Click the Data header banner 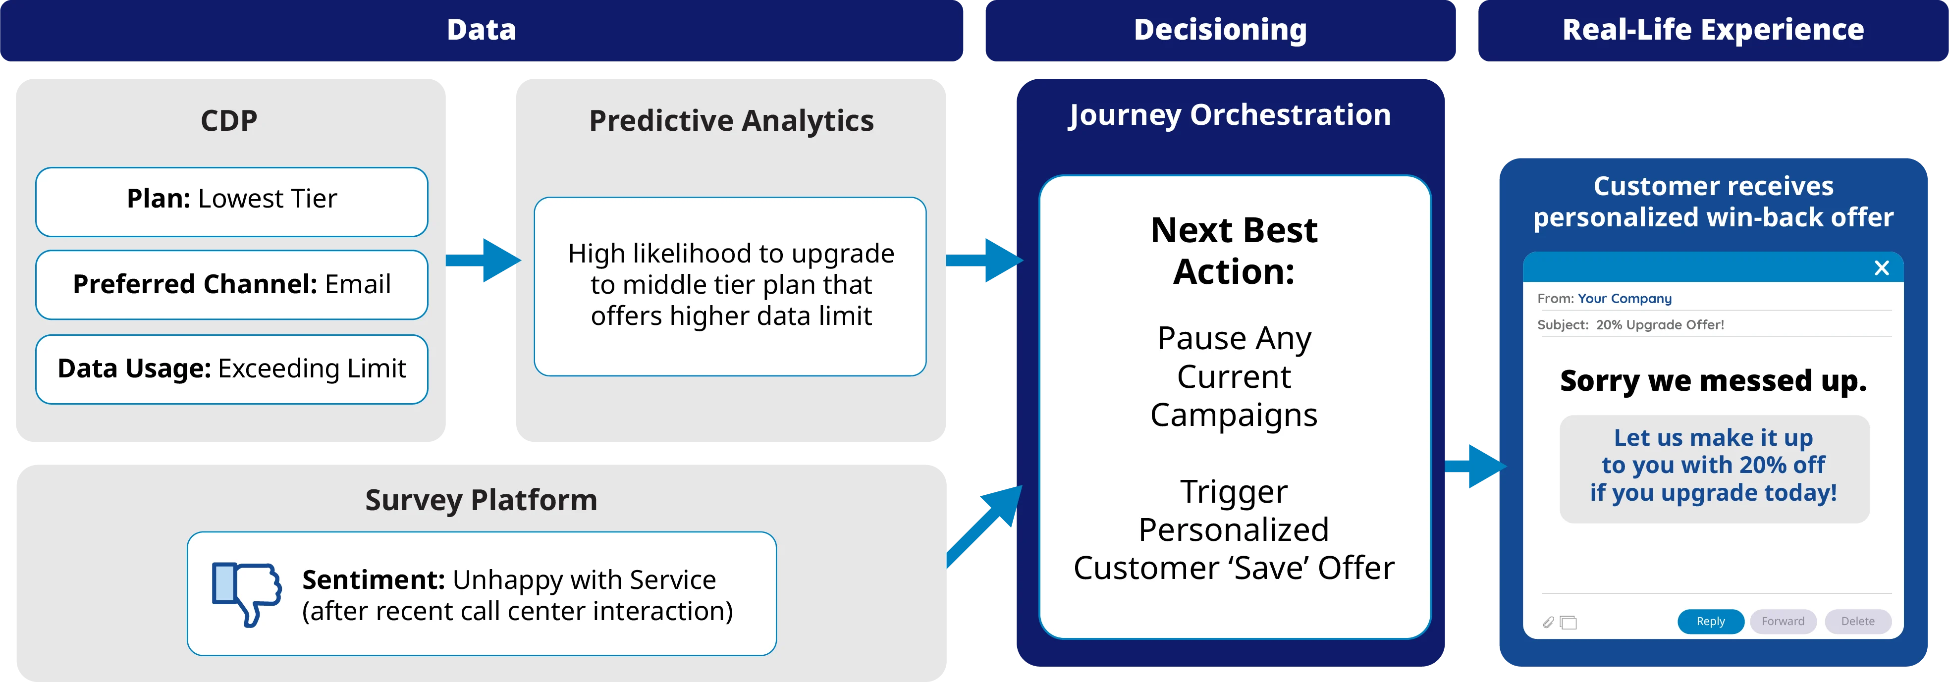[481, 30]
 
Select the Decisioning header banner [1220, 30]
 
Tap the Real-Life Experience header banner [1713, 30]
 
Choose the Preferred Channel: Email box [231, 284]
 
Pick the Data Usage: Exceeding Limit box [231, 369]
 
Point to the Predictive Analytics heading [731, 121]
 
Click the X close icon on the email [1882, 267]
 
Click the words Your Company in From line [1624, 299]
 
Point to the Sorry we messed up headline [1713, 381]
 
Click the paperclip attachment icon [1548, 622]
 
